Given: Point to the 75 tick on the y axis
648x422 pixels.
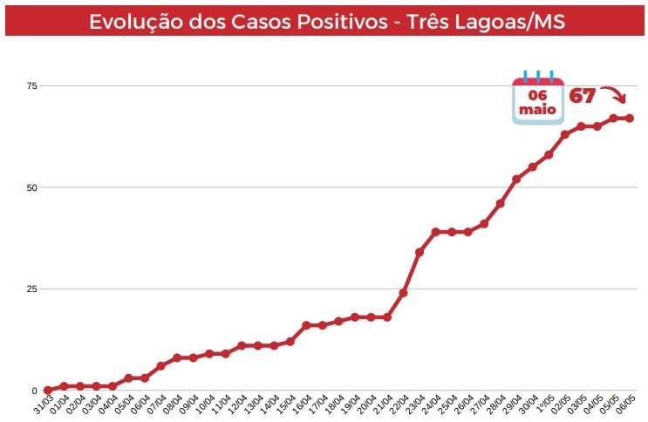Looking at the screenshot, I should point(32,85).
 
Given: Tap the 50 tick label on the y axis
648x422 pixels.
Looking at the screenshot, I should point(32,187).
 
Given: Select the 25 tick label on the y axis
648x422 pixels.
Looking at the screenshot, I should point(32,289).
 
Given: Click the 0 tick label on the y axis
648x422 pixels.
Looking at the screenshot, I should point(35,391).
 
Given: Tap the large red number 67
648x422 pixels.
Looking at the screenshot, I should point(583,95).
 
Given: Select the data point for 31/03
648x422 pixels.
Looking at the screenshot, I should point(48,391).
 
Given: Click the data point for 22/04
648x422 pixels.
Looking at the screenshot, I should point(403,293).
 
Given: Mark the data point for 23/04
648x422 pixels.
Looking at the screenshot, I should point(419,252).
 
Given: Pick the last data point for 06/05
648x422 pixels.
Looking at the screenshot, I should point(629,119).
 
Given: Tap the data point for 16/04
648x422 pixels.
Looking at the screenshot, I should point(306,325).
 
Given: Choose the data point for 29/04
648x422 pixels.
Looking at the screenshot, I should point(516,180).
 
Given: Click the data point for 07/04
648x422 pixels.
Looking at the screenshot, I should point(160,366).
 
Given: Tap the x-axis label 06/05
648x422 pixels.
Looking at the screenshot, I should point(624,405).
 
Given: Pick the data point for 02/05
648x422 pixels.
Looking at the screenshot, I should point(564,134).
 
